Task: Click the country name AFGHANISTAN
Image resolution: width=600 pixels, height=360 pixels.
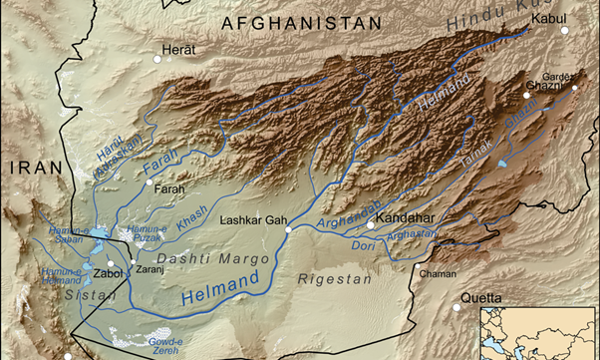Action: coord(301,22)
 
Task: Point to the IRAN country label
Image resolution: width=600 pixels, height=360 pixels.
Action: coord(36,170)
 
